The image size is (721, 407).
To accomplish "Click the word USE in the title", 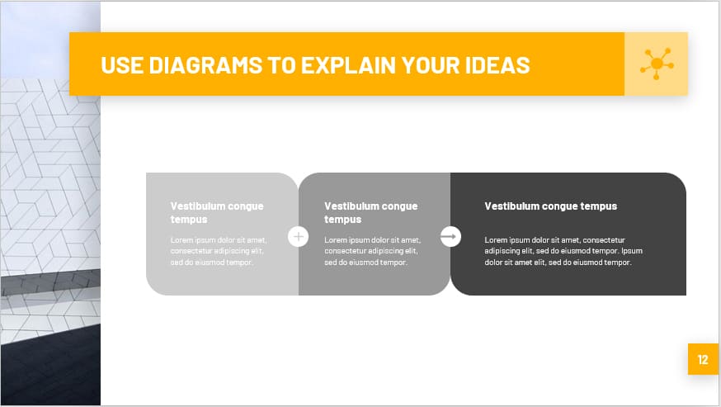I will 122,65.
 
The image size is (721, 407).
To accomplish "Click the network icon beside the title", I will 656,64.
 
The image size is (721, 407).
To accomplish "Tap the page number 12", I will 703,359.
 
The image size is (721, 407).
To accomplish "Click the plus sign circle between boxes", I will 298,237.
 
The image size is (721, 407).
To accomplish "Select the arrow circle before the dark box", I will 450,237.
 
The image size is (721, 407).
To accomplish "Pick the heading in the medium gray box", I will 370,213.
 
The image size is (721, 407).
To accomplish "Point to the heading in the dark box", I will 550,206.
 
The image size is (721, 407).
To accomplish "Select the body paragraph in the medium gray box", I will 371,251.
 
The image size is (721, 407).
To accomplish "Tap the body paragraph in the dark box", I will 563,251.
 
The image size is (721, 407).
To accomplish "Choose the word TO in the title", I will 280,65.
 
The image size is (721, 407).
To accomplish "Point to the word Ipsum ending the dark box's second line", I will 632,251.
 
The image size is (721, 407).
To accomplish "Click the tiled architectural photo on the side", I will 50,206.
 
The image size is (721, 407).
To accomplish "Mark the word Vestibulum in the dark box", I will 511,206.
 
